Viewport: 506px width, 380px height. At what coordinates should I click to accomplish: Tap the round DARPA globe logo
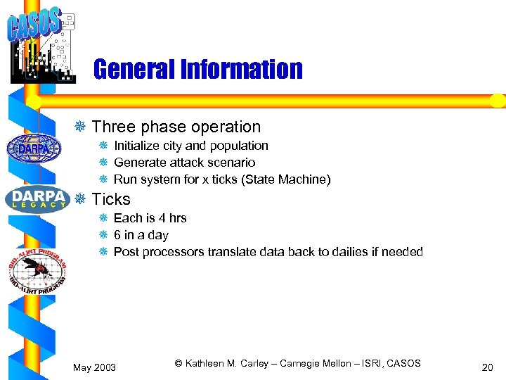tap(34, 148)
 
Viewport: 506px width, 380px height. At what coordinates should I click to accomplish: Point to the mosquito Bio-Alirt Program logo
tap(37, 265)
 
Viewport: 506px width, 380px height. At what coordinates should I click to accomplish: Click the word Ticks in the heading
tap(111, 199)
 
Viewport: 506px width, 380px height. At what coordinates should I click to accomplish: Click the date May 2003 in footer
tap(96, 367)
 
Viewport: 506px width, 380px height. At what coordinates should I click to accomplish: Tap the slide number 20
tap(487, 367)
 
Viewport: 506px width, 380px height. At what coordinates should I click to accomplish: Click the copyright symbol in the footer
tap(179, 363)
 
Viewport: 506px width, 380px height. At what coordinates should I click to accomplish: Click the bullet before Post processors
tap(103, 252)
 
